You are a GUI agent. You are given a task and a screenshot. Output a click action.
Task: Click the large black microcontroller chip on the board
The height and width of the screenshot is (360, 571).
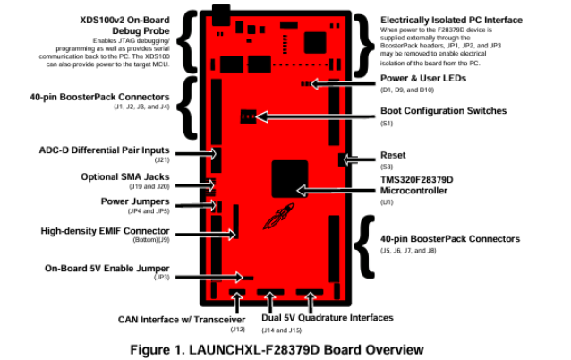(289, 177)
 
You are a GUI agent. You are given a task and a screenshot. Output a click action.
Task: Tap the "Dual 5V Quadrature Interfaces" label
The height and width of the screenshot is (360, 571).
(327, 317)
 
